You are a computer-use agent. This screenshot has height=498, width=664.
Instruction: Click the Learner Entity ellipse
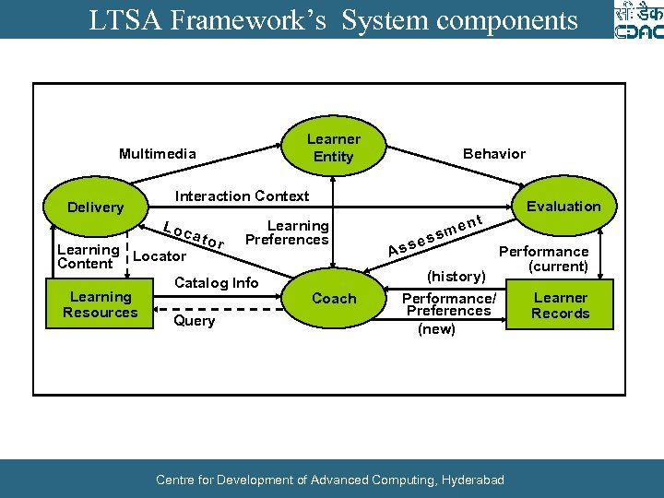pyautogui.click(x=333, y=148)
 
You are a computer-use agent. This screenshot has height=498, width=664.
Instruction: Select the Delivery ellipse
pyautogui.click(x=95, y=207)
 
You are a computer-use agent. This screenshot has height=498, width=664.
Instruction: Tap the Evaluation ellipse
pyautogui.click(x=563, y=207)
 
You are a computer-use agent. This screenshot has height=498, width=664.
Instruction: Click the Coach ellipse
pyautogui.click(x=334, y=298)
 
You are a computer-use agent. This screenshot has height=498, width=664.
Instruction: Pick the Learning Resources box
pyautogui.click(x=101, y=304)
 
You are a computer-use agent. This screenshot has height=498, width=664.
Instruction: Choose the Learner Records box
pyautogui.click(x=560, y=305)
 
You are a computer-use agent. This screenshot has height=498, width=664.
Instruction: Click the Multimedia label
pyautogui.click(x=157, y=154)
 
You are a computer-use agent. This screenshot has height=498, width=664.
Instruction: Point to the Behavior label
pyautogui.click(x=493, y=154)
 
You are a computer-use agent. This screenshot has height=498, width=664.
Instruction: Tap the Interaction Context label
pyautogui.click(x=242, y=196)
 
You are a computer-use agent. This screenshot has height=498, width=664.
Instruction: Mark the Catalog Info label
pyautogui.click(x=217, y=283)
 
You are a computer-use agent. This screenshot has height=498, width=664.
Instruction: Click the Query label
pyautogui.click(x=194, y=321)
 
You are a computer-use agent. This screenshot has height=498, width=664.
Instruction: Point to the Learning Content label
pyautogui.click(x=87, y=256)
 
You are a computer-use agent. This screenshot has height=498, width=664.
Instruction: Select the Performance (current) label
pyautogui.click(x=543, y=258)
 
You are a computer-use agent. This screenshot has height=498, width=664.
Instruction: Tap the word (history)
pyautogui.click(x=456, y=277)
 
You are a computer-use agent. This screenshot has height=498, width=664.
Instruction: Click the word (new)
pyautogui.click(x=436, y=329)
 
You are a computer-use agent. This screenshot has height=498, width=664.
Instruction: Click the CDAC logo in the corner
pyautogui.click(x=637, y=20)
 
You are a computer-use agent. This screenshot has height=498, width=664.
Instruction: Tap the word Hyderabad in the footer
pyautogui.click(x=472, y=480)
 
